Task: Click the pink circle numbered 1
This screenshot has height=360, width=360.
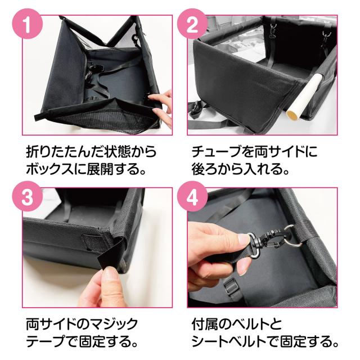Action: pos(28,24)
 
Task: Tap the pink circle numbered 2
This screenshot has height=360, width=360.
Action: pos(192,24)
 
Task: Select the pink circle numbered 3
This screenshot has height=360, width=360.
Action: pos(28,196)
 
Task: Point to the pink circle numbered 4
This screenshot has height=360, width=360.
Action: pos(192,196)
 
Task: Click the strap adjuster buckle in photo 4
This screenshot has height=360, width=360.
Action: pos(230,285)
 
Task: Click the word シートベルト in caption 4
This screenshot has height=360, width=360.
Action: pos(229,341)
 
